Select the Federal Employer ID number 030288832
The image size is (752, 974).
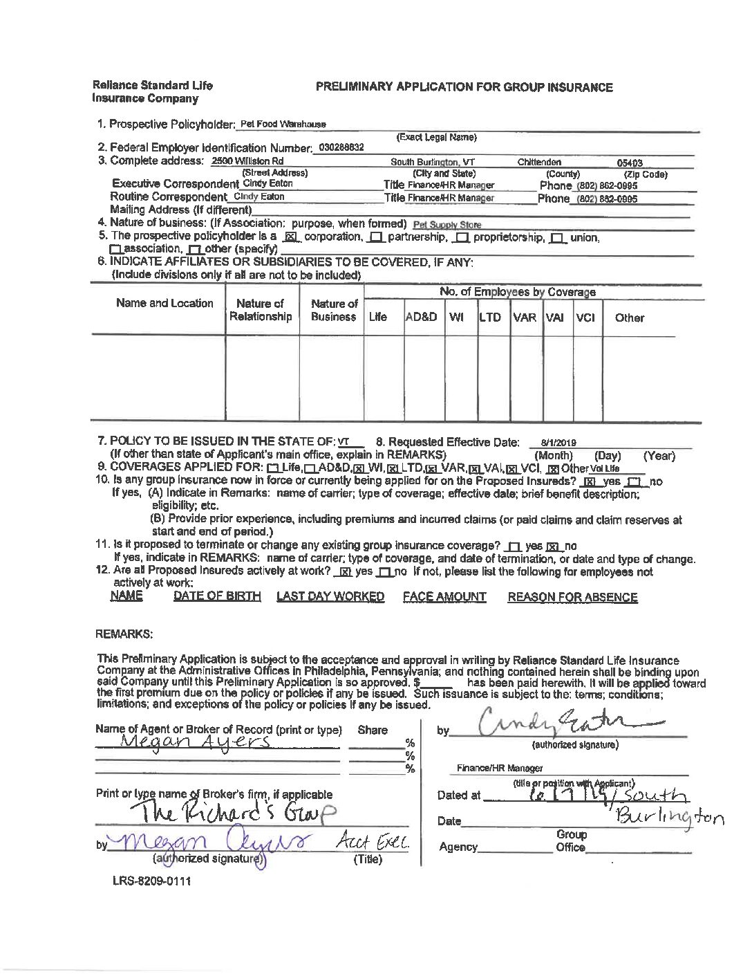click(x=341, y=147)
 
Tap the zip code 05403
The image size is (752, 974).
click(x=630, y=163)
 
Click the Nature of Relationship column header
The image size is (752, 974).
click(x=261, y=310)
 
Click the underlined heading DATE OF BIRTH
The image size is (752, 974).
click(x=217, y=596)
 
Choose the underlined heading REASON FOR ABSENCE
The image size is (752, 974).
click(x=572, y=597)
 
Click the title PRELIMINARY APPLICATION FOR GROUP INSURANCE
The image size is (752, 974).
click(x=464, y=87)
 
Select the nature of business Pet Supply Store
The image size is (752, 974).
click(x=446, y=224)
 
